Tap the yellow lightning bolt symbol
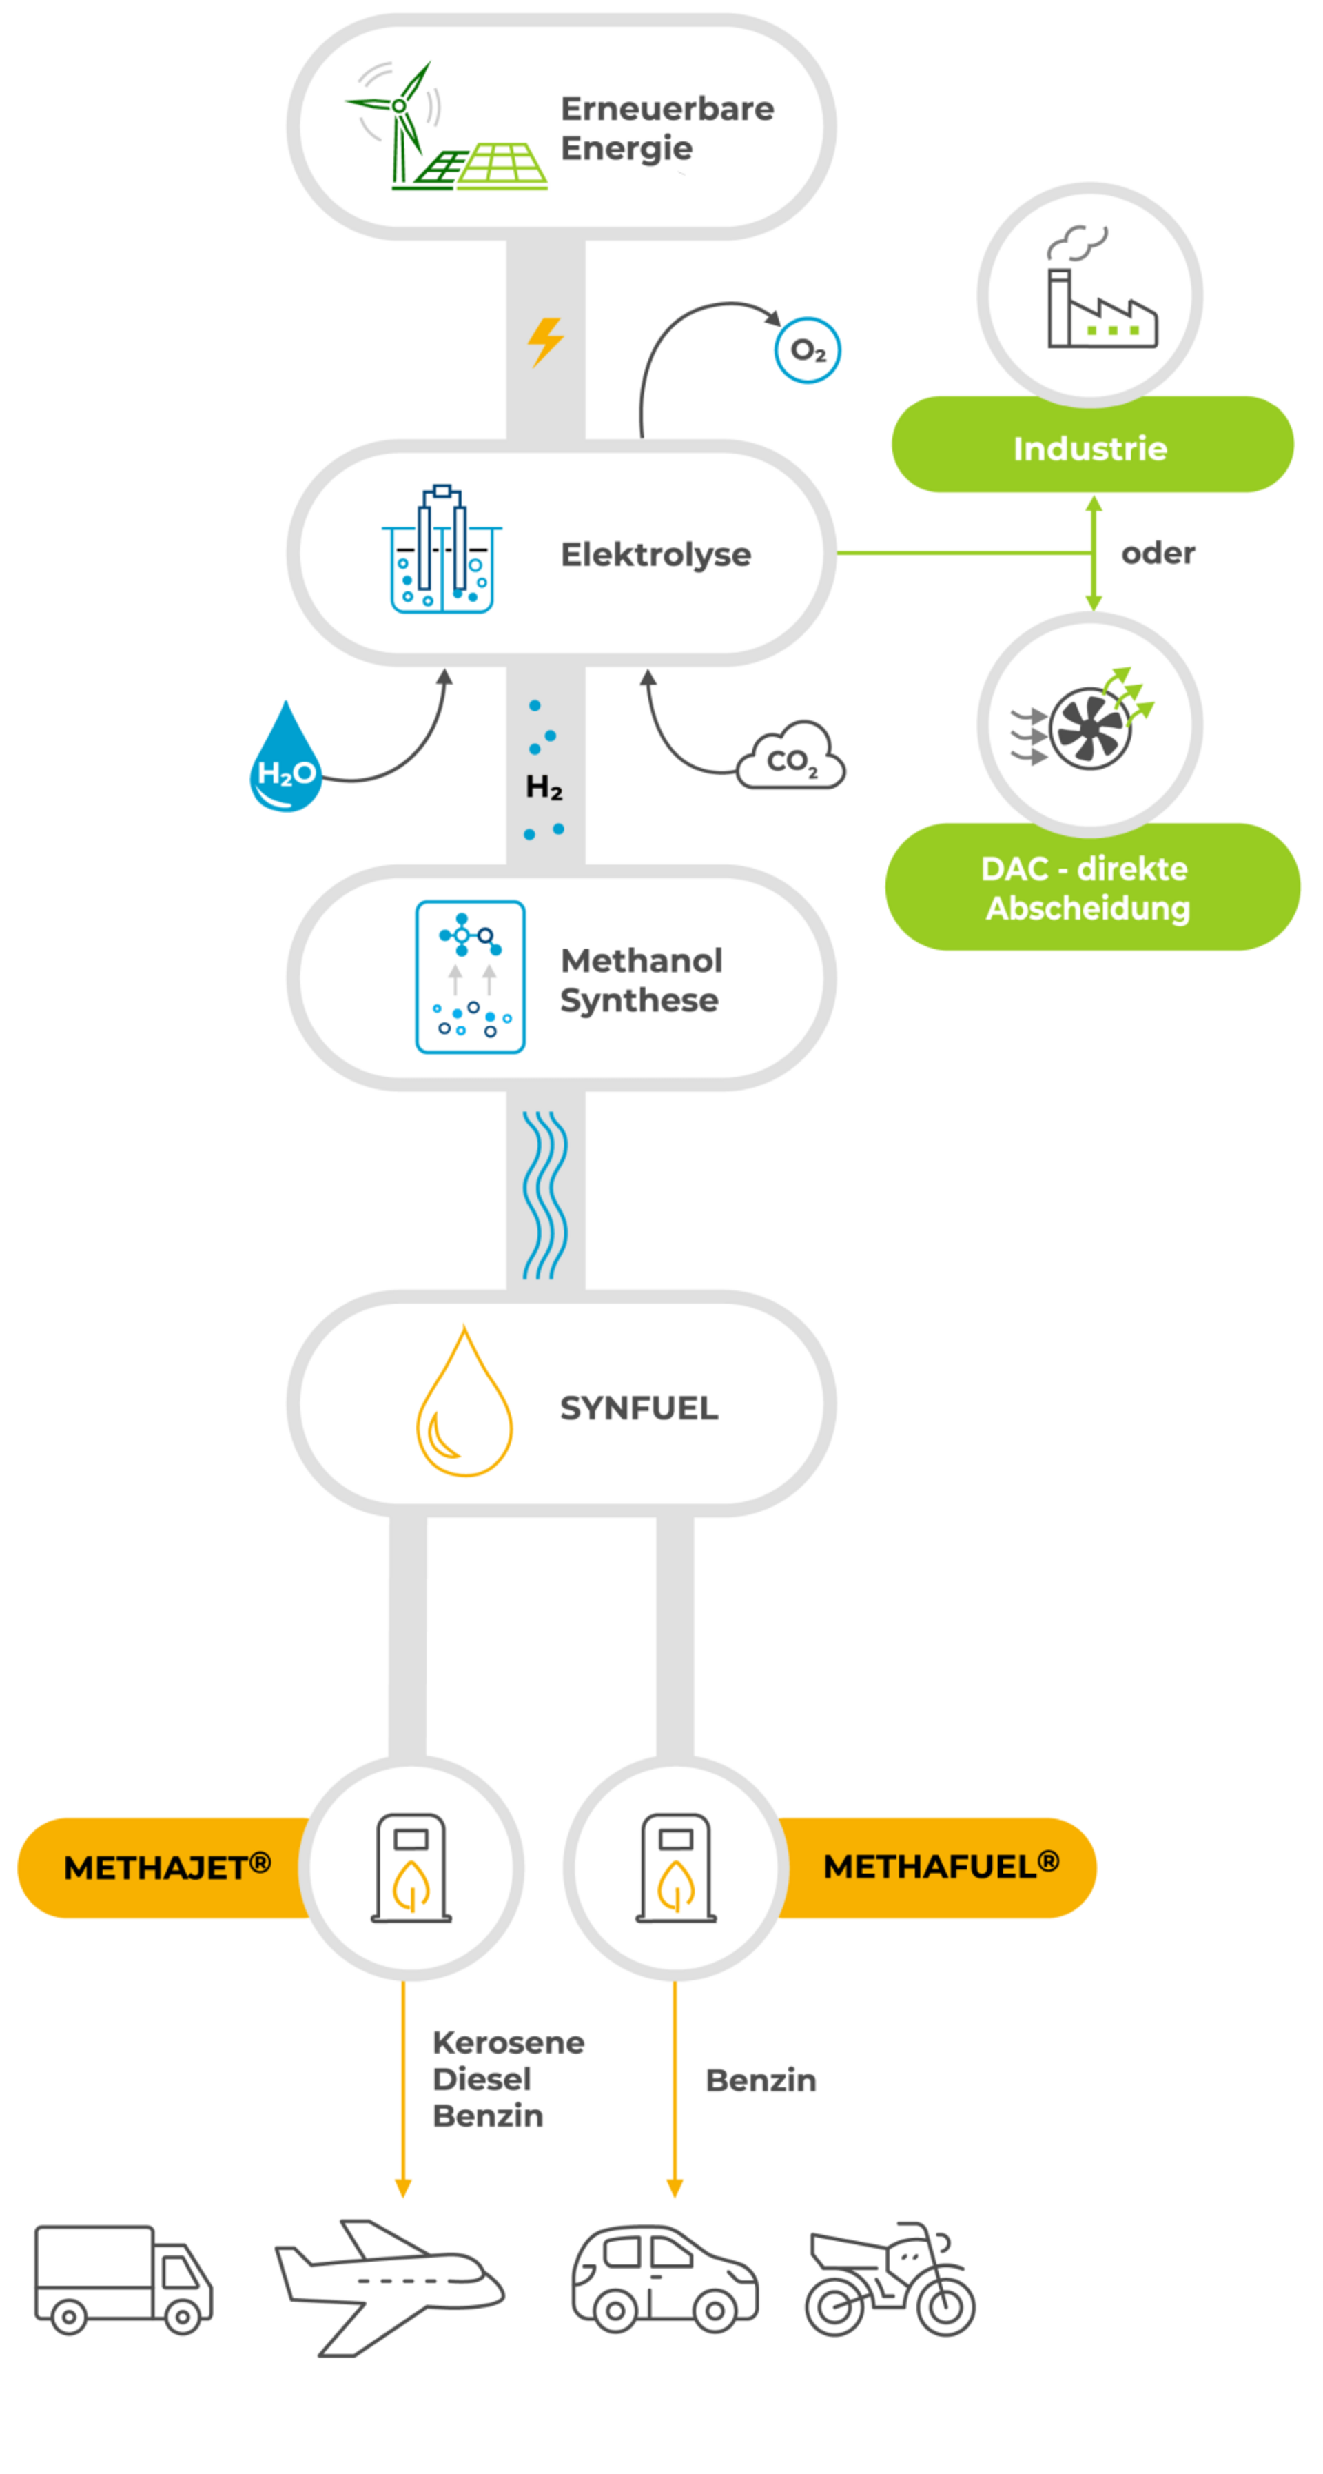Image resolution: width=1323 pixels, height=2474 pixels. point(544,342)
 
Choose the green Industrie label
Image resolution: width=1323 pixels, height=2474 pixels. point(1091,447)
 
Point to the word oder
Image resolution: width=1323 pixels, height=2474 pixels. point(1158,554)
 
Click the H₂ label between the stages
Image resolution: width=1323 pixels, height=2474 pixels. point(544,787)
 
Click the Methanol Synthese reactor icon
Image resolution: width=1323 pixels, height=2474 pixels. point(469,977)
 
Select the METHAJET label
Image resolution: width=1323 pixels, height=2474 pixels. point(166,1867)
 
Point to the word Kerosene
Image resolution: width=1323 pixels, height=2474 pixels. point(508,2042)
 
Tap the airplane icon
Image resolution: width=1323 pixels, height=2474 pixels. point(388,2285)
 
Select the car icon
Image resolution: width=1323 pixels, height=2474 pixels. point(664,2279)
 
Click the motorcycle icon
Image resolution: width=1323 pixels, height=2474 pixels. point(889,2279)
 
